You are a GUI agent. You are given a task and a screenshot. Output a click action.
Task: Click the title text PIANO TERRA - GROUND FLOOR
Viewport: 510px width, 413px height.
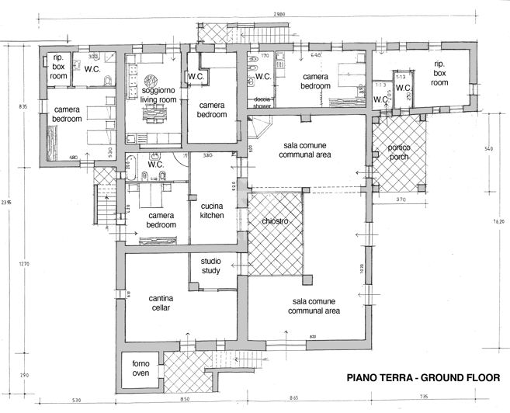(422, 378)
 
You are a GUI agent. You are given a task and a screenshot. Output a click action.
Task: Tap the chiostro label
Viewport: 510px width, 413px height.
(275, 222)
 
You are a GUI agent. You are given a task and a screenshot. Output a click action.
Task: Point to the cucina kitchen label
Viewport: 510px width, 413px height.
(211, 210)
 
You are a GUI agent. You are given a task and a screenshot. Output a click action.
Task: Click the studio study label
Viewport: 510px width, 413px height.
(211, 266)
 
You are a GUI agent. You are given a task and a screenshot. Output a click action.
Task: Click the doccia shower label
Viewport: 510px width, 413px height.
(261, 104)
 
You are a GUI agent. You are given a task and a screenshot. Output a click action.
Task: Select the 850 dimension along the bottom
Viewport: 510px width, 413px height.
(183, 401)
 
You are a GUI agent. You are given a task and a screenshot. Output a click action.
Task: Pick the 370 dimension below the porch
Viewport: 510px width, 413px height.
(401, 200)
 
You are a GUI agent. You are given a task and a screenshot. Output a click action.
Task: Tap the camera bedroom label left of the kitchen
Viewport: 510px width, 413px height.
(161, 220)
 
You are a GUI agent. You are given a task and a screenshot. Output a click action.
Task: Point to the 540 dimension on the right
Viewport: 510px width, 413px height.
(488, 148)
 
